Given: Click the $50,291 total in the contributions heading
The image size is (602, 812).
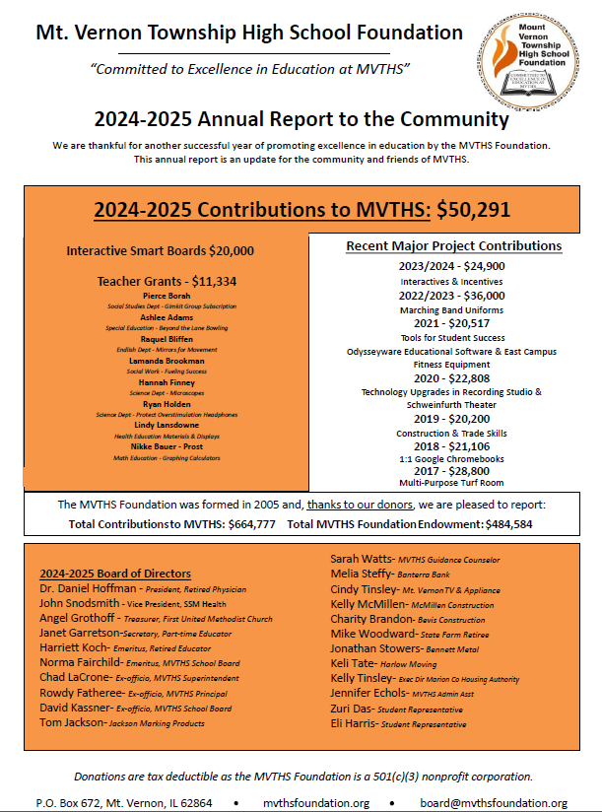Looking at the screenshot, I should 472,209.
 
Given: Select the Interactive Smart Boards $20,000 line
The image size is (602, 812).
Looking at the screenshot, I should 160,251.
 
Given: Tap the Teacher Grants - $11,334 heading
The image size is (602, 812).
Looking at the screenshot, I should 167,281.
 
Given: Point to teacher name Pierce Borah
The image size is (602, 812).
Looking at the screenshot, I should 166,296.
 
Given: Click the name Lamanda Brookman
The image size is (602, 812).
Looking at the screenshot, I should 166,361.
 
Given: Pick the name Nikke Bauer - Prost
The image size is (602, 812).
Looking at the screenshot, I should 166,446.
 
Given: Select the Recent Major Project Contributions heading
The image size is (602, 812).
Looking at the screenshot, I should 453,245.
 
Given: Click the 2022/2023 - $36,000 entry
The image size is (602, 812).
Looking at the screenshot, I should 452,295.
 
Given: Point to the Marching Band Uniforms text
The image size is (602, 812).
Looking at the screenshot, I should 452,309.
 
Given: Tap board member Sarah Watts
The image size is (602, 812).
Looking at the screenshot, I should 361,558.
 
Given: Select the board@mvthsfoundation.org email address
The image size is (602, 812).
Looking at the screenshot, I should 493,803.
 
